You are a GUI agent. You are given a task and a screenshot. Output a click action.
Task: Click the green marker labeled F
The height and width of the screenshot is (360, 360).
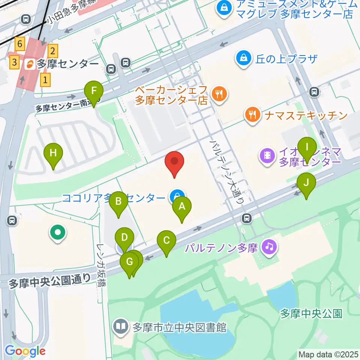click(93, 91)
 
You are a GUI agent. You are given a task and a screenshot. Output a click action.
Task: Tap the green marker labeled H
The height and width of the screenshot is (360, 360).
click(53, 153)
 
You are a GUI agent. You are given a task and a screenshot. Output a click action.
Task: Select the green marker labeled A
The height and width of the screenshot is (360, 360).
click(182, 206)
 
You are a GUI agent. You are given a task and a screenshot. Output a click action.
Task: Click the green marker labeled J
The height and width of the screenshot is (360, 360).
click(306, 183)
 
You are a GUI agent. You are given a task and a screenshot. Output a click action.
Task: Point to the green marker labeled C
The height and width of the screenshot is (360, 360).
click(166, 240)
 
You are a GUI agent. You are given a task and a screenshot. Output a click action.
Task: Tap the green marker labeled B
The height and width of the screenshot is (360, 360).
click(118, 202)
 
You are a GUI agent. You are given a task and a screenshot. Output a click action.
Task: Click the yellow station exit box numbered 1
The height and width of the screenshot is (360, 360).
click(45, 80)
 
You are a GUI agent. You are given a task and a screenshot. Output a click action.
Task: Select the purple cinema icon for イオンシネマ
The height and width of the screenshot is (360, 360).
click(267, 155)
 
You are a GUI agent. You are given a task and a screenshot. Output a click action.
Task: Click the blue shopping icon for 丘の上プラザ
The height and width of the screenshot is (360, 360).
click(243, 58)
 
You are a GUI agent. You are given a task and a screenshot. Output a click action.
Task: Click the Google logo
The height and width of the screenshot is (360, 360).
click(25, 351)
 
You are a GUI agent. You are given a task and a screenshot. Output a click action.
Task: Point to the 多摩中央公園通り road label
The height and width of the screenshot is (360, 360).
click(49, 280)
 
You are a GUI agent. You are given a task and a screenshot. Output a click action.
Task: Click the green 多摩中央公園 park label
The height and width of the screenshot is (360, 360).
click(311, 313)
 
